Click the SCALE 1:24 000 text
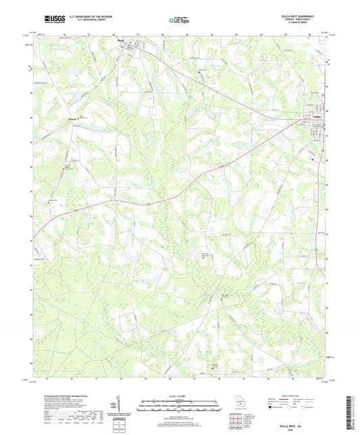[x=180, y=396]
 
